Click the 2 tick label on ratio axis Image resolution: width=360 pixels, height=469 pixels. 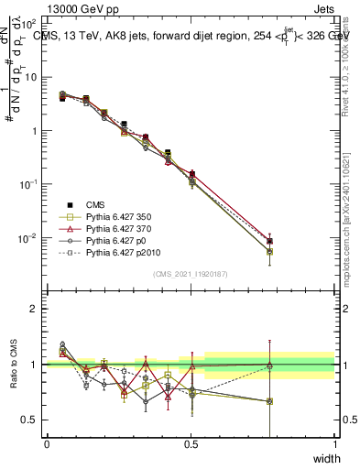pyautogui.click(x=34, y=309)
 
